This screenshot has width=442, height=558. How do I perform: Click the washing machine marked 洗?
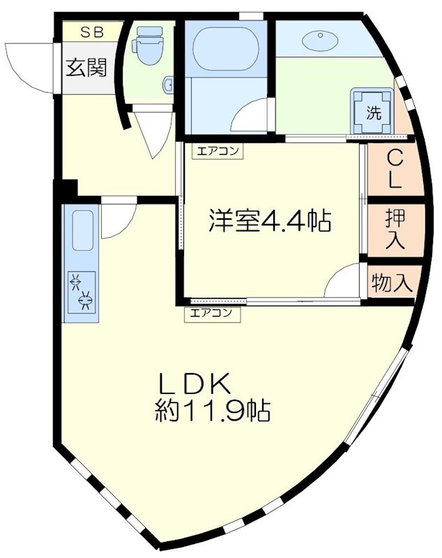(373, 112)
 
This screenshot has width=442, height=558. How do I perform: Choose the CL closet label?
(395, 169)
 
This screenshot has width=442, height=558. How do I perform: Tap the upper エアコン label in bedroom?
(218, 151)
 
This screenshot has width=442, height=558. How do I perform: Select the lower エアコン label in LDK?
(212, 313)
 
